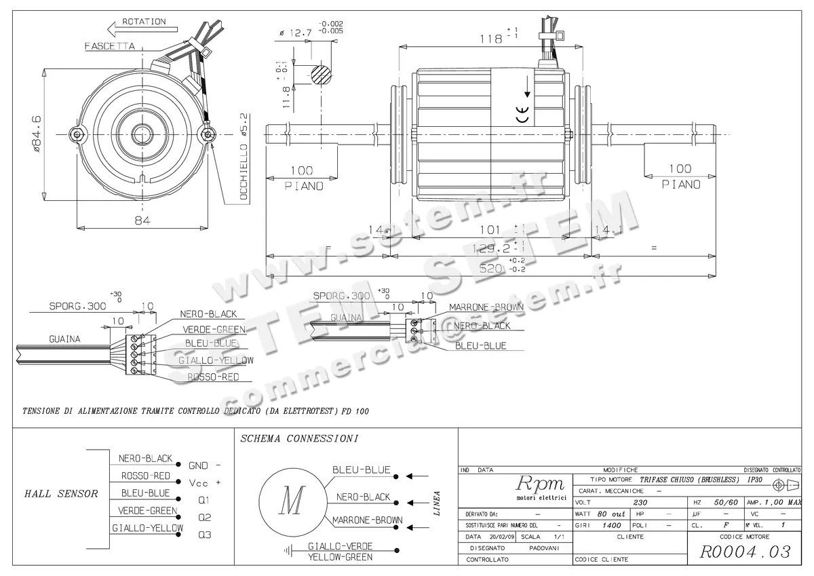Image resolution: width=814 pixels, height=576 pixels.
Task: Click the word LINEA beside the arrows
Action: [x=437, y=503]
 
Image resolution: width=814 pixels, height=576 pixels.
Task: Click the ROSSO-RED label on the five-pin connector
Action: [x=212, y=377]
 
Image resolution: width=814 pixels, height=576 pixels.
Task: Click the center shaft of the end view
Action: [x=142, y=134]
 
